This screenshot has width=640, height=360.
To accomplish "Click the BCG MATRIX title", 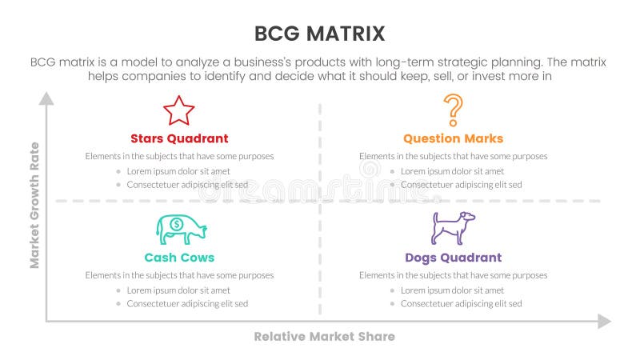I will pos(319,33).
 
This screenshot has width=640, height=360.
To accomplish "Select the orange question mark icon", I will pos(453,108).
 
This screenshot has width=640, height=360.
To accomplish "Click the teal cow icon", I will pos(181,230).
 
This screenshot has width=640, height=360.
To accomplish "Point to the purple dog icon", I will pos(453,228).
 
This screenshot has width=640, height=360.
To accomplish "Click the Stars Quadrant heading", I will pos(179,138).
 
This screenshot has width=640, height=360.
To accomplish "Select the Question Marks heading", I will pos(453,138).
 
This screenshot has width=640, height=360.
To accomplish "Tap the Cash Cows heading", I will pos(179,258).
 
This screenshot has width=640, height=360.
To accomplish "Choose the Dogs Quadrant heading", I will pos(453,258).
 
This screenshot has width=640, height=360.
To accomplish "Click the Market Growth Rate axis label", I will pos(34,205).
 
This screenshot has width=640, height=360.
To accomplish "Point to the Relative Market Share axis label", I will pos(324,337).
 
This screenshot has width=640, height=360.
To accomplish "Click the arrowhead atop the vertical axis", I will pos(46,99).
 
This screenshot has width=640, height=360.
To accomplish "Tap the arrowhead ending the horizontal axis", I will pos(604,321).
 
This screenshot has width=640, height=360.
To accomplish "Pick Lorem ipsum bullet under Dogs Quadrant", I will pos(452,290).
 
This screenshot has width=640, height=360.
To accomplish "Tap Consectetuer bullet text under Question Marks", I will pos(461,184).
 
